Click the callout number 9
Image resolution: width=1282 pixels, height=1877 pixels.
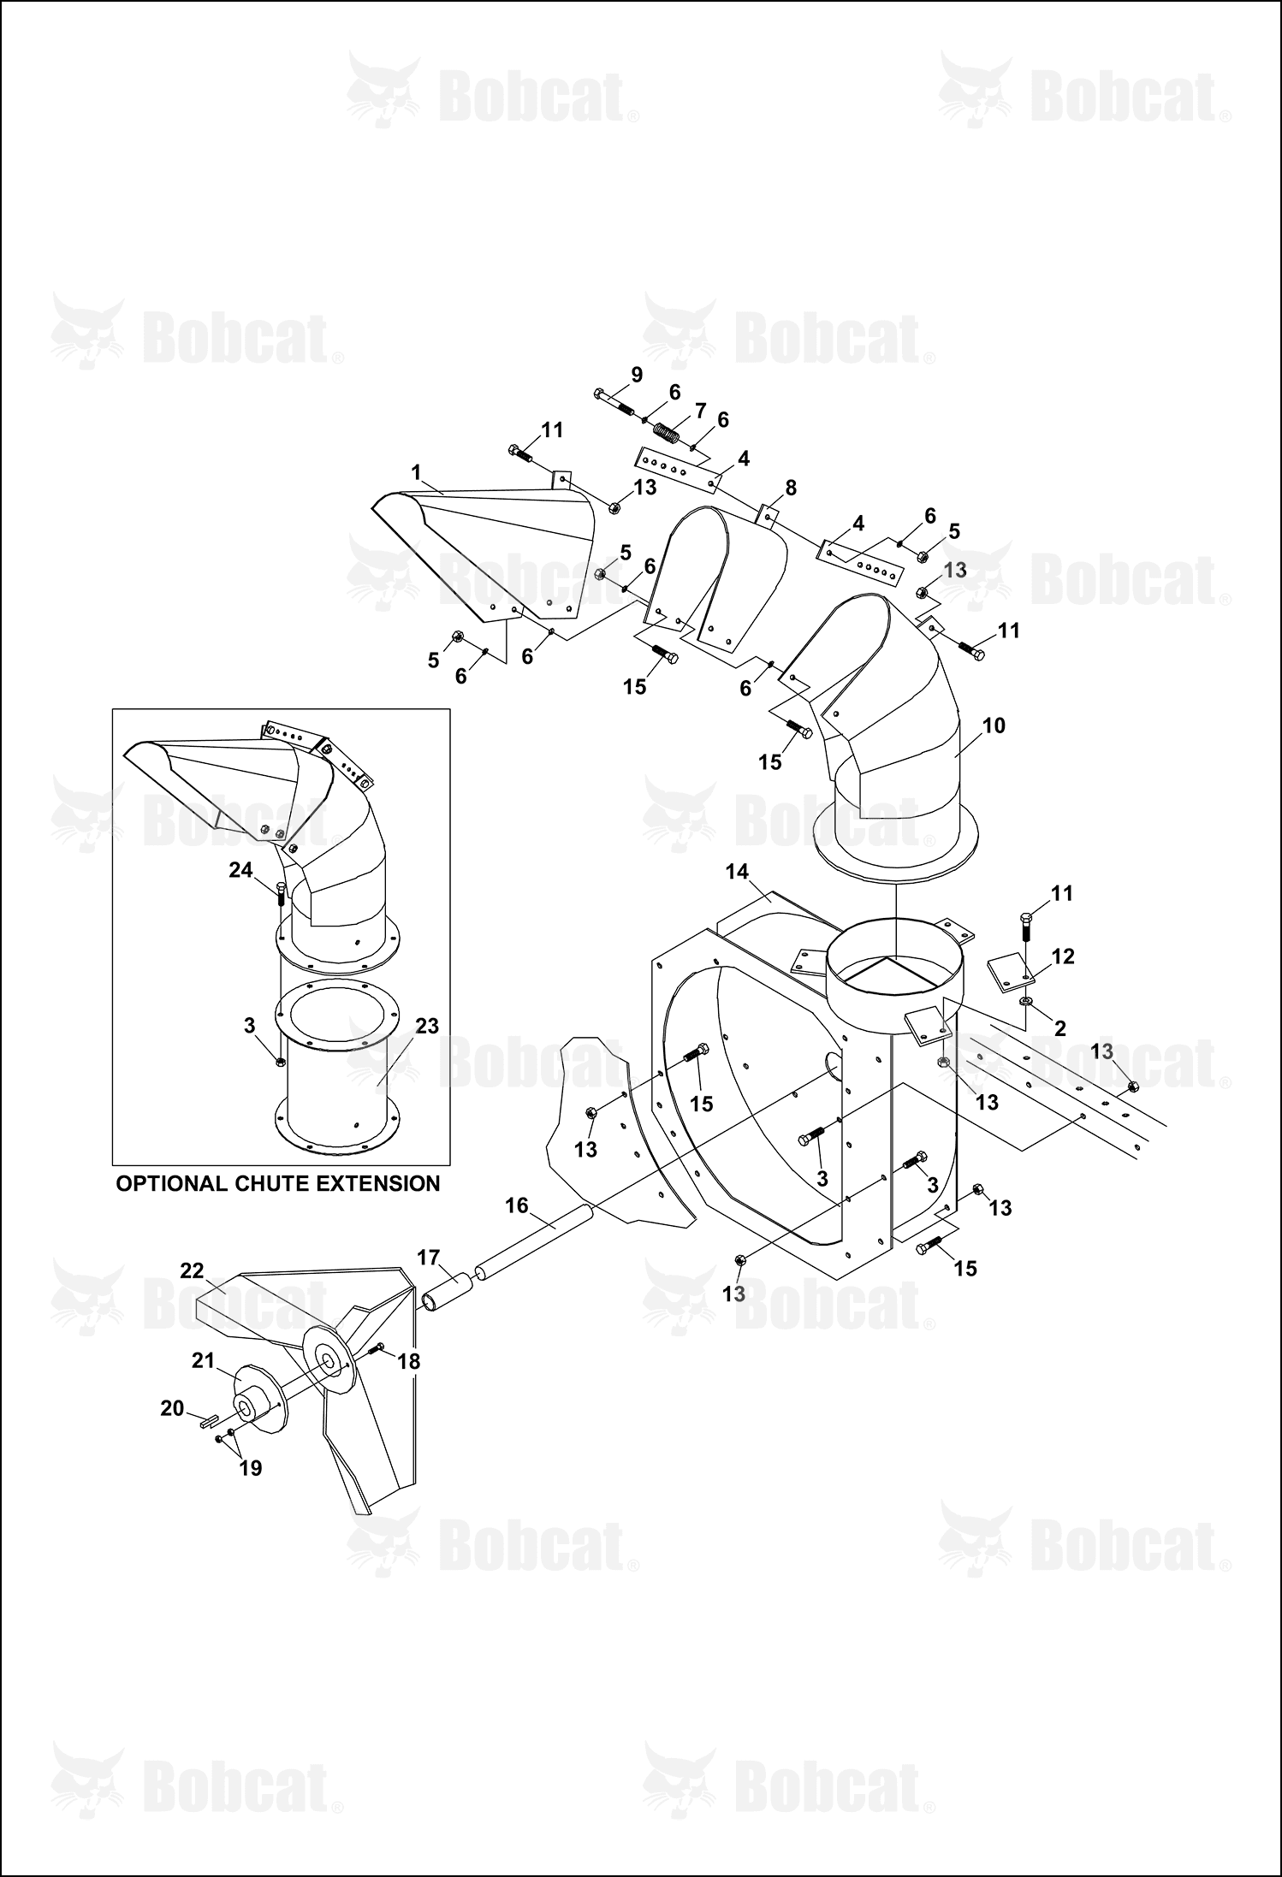tap(636, 374)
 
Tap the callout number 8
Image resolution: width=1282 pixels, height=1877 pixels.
tap(791, 488)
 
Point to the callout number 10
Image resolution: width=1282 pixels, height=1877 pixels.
tap(994, 725)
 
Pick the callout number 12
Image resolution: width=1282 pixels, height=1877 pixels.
tap(1062, 956)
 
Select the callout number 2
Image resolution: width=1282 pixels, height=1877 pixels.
tap(1059, 1029)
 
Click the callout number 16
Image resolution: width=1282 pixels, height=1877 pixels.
tap(517, 1205)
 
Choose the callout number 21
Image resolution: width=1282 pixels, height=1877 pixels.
tap(203, 1359)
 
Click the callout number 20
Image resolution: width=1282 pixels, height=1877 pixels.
tap(173, 1407)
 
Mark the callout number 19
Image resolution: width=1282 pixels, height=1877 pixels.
tap(250, 1468)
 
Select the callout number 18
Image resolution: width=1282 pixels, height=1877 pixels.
tap(409, 1361)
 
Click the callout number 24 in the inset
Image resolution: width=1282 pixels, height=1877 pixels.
tap(241, 870)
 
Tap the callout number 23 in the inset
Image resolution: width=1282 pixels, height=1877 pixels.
tap(427, 1026)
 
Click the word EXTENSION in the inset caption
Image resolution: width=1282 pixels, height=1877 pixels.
tap(374, 1183)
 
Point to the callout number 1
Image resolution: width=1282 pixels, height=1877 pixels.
tap(416, 472)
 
